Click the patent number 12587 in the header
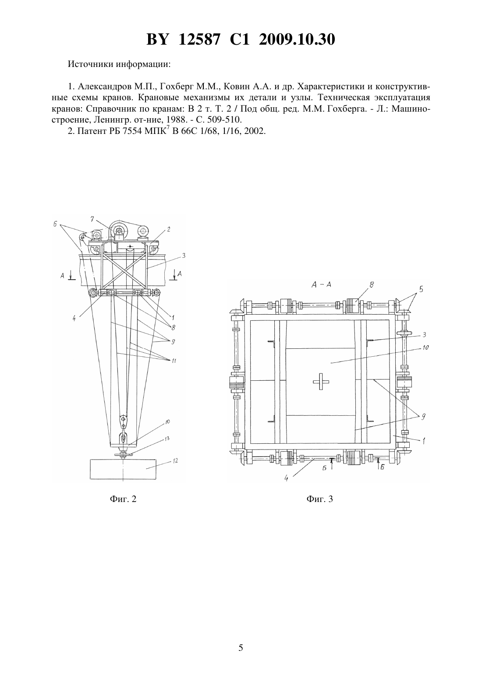199,39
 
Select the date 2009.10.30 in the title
297,39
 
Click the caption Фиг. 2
123,499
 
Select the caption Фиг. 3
320,499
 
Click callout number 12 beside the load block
175,460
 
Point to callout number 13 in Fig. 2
167,439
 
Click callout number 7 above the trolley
92,218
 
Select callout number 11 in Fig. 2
174,361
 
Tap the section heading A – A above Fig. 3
321,284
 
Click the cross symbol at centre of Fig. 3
321,382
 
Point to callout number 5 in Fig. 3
421,289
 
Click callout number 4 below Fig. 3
286,478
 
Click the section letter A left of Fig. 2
62,275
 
